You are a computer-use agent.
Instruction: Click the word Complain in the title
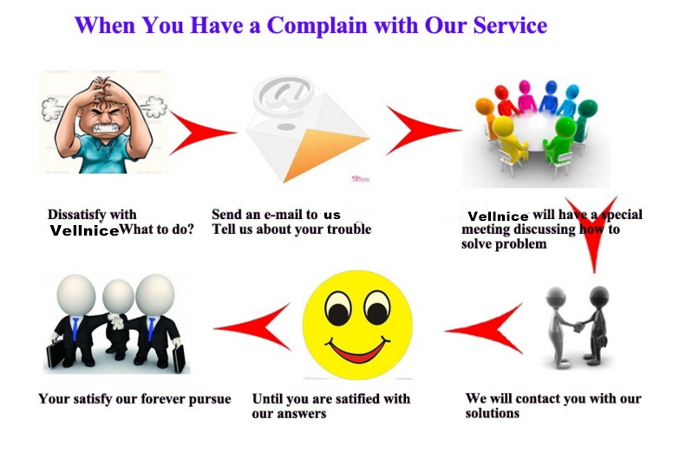pyautogui.click(x=317, y=26)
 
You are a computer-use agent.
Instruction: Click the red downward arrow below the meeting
pyautogui.click(x=592, y=231)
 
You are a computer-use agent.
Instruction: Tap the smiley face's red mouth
pyautogui.click(x=356, y=349)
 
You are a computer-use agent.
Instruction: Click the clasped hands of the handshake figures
pyautogui.click(x=578, y=327)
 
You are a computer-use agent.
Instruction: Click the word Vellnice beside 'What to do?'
pyautogui.click(x=84, y=230)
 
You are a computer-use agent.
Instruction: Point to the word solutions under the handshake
pyautogui.click(x=492, y=413)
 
